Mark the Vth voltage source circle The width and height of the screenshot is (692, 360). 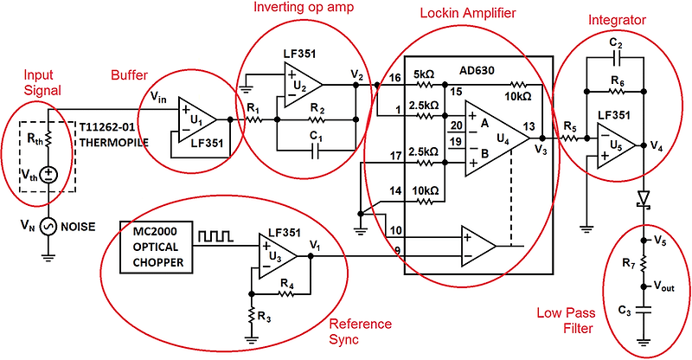pyautogui.click(x=48, y=175)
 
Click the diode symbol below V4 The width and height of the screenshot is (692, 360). pyautogui.click(x=643, y=199)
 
